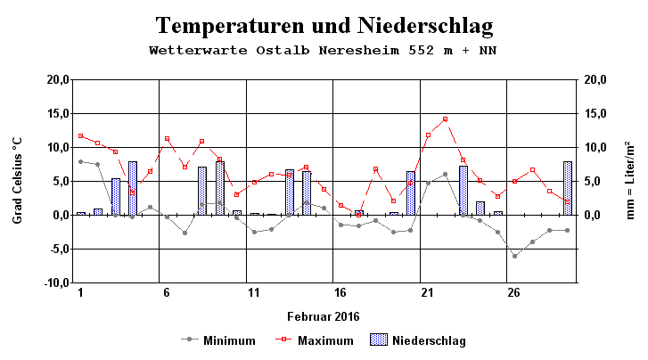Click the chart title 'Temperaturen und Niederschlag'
click(324, 24)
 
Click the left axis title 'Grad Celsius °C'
click(18, 181)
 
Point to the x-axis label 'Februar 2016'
click(324, 316)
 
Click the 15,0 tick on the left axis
click(54, 113)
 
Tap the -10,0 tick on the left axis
click(53, 282)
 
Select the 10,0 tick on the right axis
click(596, 147)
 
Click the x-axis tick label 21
click(428, 293)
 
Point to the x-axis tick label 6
click(167, 293)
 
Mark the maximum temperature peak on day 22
click(445, 119)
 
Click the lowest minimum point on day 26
click(514, 256)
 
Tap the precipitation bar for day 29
click(567, 188)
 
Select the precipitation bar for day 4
click(132, 188)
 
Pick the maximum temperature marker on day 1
click(80, 135)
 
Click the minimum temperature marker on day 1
click(80, 161)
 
